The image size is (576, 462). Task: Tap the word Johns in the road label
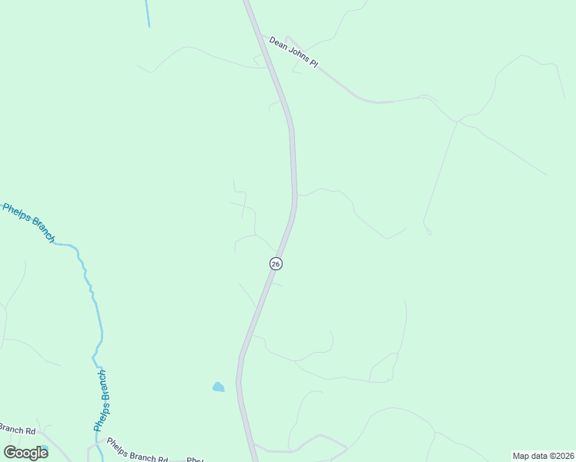297,55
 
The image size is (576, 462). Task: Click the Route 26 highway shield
276,263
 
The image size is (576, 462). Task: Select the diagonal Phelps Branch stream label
29,223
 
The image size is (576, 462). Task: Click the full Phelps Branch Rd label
137,450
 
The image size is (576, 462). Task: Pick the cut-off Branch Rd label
18,430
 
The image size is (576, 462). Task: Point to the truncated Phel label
194,460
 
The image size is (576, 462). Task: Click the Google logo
25,452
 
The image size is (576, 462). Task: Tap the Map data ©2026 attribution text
543,456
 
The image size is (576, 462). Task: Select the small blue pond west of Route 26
219,387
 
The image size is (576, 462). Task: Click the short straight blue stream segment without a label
147,13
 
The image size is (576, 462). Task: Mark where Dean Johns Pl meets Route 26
263,38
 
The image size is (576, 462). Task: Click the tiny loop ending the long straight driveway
427,230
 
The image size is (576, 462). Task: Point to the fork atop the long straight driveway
457,121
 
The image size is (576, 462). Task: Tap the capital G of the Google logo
10,452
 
